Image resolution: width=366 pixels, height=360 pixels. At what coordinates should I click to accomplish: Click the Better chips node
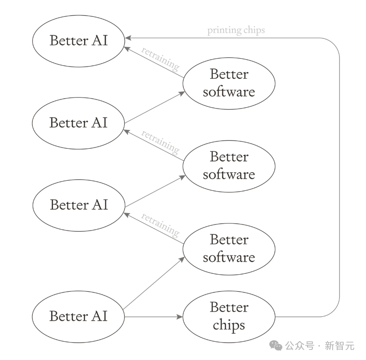pyautogui.click(x=229, y=317)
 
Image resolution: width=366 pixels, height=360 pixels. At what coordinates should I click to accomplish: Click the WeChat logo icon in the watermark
pyautogui.click(x=276, y=345)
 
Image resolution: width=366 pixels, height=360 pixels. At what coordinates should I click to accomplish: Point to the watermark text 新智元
pyautogui.click(x=340, y=346)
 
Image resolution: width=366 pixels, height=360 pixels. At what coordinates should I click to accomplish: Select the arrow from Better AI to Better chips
pyautogui.click(x=154, y=317)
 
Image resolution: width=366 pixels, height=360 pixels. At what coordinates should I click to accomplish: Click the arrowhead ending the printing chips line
pyautogui.click(x=128, y=38)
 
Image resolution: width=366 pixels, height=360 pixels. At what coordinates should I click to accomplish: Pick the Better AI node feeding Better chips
pyautogui.click(x=78, y=317)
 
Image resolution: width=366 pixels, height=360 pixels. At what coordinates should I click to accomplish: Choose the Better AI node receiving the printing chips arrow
pyautogui.click(x=78, y=41)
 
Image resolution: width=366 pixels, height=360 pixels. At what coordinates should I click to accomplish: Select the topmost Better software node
pyautogui.click(x=229, y=83)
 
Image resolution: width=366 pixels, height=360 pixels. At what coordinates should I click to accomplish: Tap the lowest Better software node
pyautogui.click(x=229, y=249)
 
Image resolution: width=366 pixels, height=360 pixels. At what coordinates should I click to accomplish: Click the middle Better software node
pyautogui.click(x=229, y=166)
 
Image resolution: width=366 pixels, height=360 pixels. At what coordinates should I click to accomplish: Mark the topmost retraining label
pyautogui.click(x=161, y=58)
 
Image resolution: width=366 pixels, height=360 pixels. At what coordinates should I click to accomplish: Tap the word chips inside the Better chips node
pyautogui.click(x=229, y=325)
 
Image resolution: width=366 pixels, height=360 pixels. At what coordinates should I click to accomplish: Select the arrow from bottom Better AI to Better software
pyautogui.click(x=154, y=283)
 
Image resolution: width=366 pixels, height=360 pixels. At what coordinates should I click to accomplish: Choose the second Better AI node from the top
pyautogui.click(x=78, y=123)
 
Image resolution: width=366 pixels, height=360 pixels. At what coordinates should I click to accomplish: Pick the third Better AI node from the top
pyautogui.click(x=78, y=205)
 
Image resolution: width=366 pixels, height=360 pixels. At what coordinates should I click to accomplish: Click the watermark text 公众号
pyautogui.click(x=299, y=346)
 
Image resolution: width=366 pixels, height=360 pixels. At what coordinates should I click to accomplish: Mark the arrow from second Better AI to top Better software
pyautogui.click(x=155, y=107)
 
